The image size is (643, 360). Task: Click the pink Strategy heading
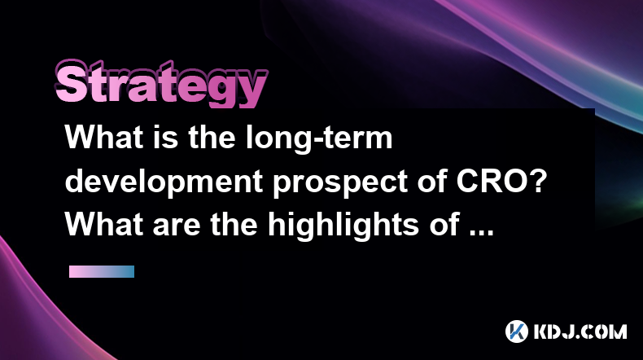tap(161, 84)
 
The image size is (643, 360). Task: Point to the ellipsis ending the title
tap(482, 233)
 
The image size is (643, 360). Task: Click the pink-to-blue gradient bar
tap(102, 271)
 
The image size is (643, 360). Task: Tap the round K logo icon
tap(517, 331)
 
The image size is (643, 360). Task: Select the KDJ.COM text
tap(580, 331)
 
